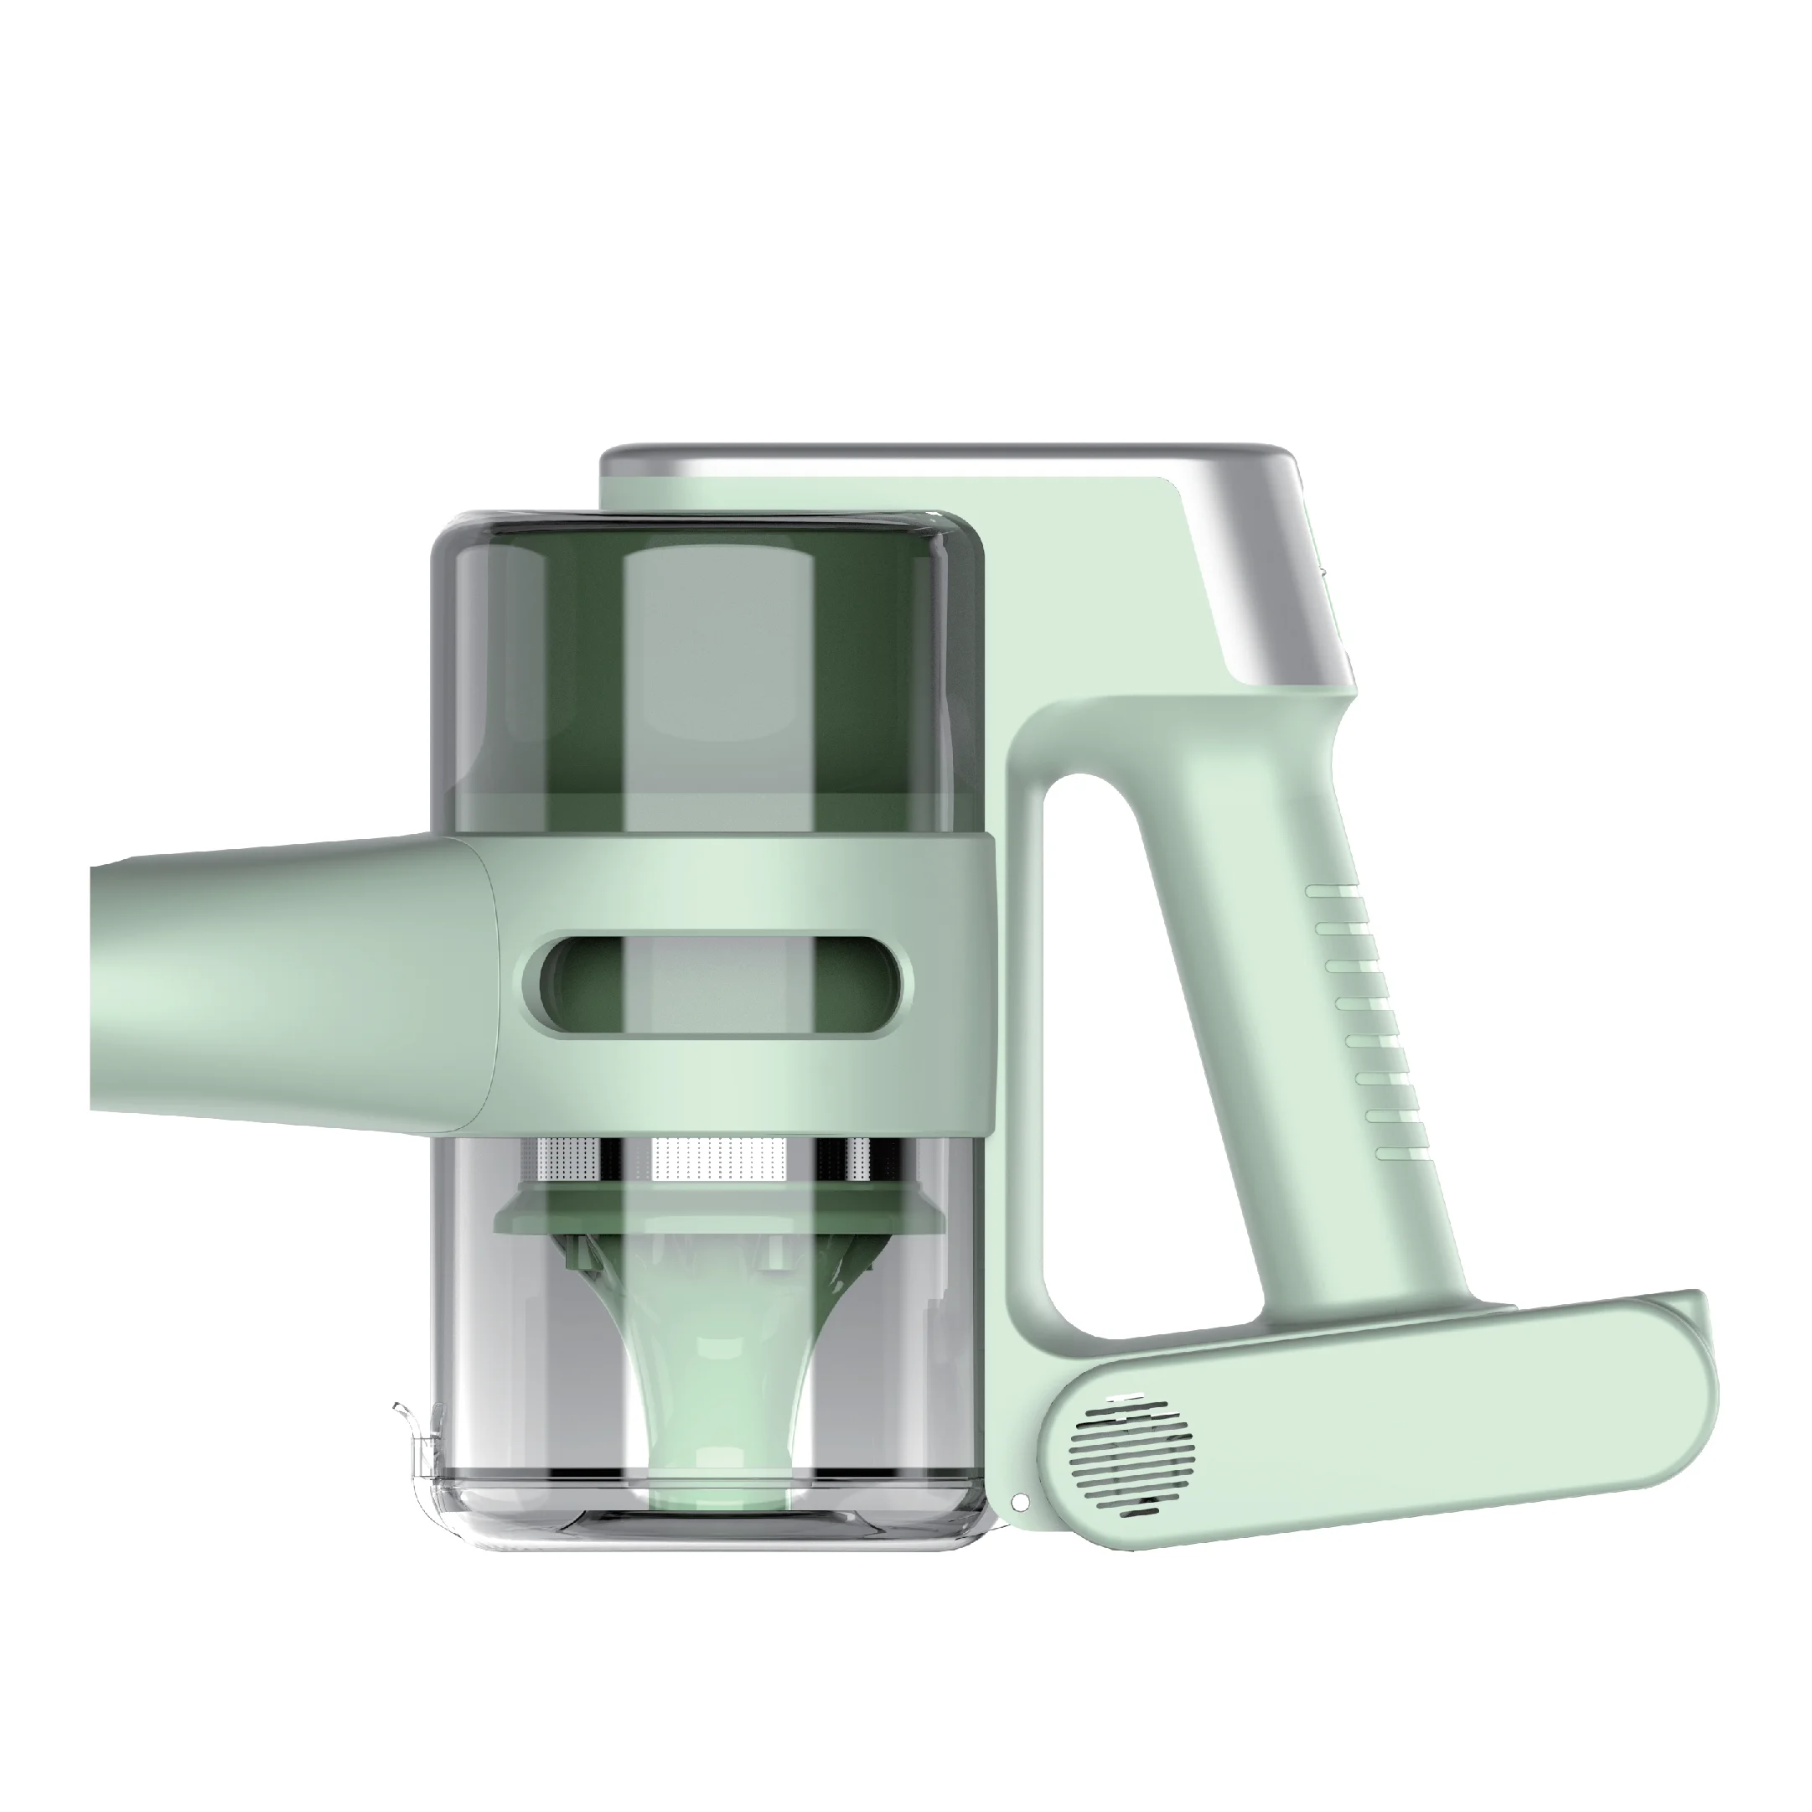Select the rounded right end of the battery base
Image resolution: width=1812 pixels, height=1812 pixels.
click(1688, 1379)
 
